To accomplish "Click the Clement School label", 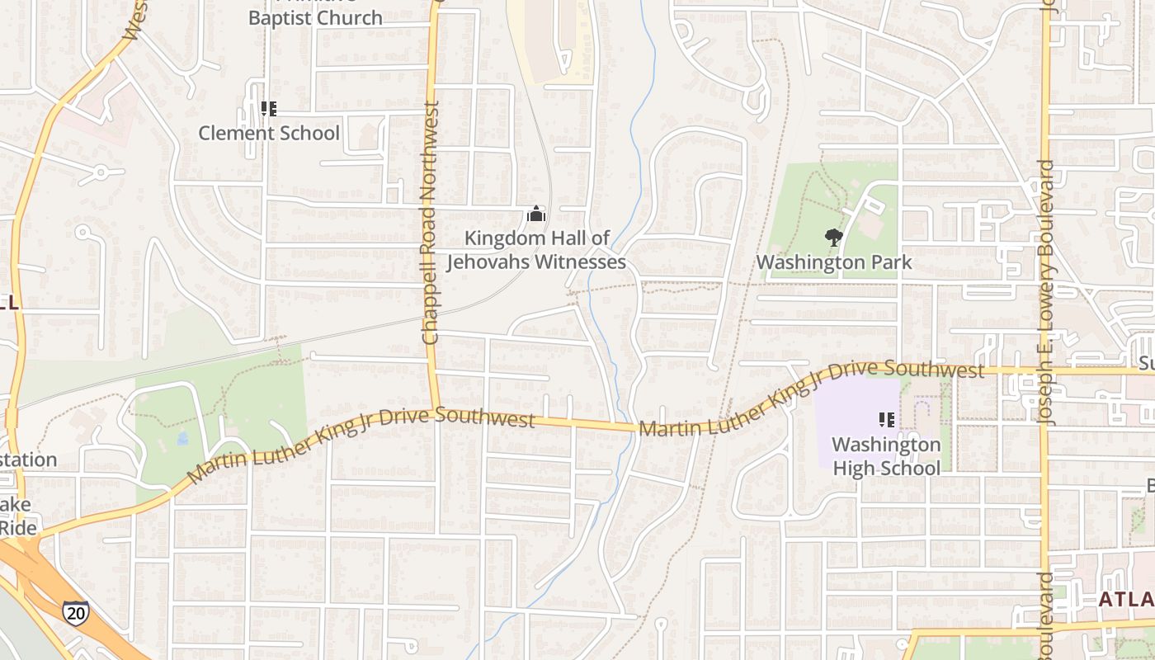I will pyautogui.click(x=269, y=133).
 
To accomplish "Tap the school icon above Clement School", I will pyautogui.click(x=268, y=108).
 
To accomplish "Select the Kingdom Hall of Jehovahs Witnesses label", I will pyautogui.click(x=536, y=250).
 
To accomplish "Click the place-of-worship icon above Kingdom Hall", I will pyautogui.click(x=536, y=215).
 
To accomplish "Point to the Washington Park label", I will pyautogui.click(x=834, y=262).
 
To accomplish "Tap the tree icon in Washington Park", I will pyautogui.click(x=834, y=238).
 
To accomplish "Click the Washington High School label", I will pyautogui.click(x=886, y=456).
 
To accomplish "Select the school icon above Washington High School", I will pyautogui.click(x=887, y=420).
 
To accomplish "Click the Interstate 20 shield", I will pyautogui.click(x=74, y=611).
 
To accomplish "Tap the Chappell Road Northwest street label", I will pyautogui.click(x=430, y=223).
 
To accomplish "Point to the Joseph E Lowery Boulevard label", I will pyautogui.click(x=1047, y=293).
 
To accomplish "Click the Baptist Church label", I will pyautogui.click(x=315, y=16).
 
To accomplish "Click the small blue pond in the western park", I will pyautogui.click(x=181, y=438).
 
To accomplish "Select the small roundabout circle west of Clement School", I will pyautogui.click(x=101, y=173).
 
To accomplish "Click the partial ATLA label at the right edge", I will pyautogui.click(x=1126, y=599).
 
